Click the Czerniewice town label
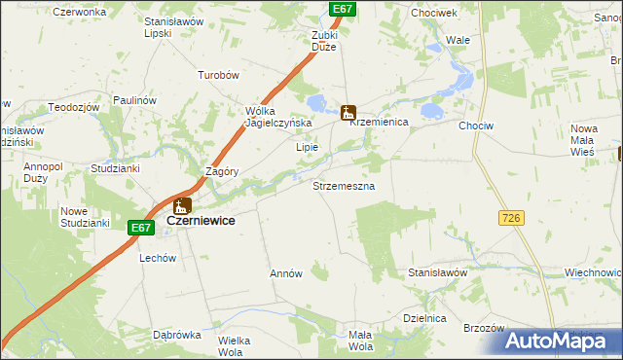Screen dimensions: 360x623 click(201, 221)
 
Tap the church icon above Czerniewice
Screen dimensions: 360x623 click(182, 206)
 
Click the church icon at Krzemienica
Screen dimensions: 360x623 click(348, 113)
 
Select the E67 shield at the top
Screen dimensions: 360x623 click(342, 9)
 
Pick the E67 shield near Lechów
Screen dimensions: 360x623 click(141, 228)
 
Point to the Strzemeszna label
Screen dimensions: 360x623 click(343, 184)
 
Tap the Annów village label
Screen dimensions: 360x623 click(286, 274)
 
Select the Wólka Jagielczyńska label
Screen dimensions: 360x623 click(277, 117)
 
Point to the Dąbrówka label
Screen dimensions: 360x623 click(176, 335)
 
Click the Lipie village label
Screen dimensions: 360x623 click(308, 148)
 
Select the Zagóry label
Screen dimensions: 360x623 click(222, 170)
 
